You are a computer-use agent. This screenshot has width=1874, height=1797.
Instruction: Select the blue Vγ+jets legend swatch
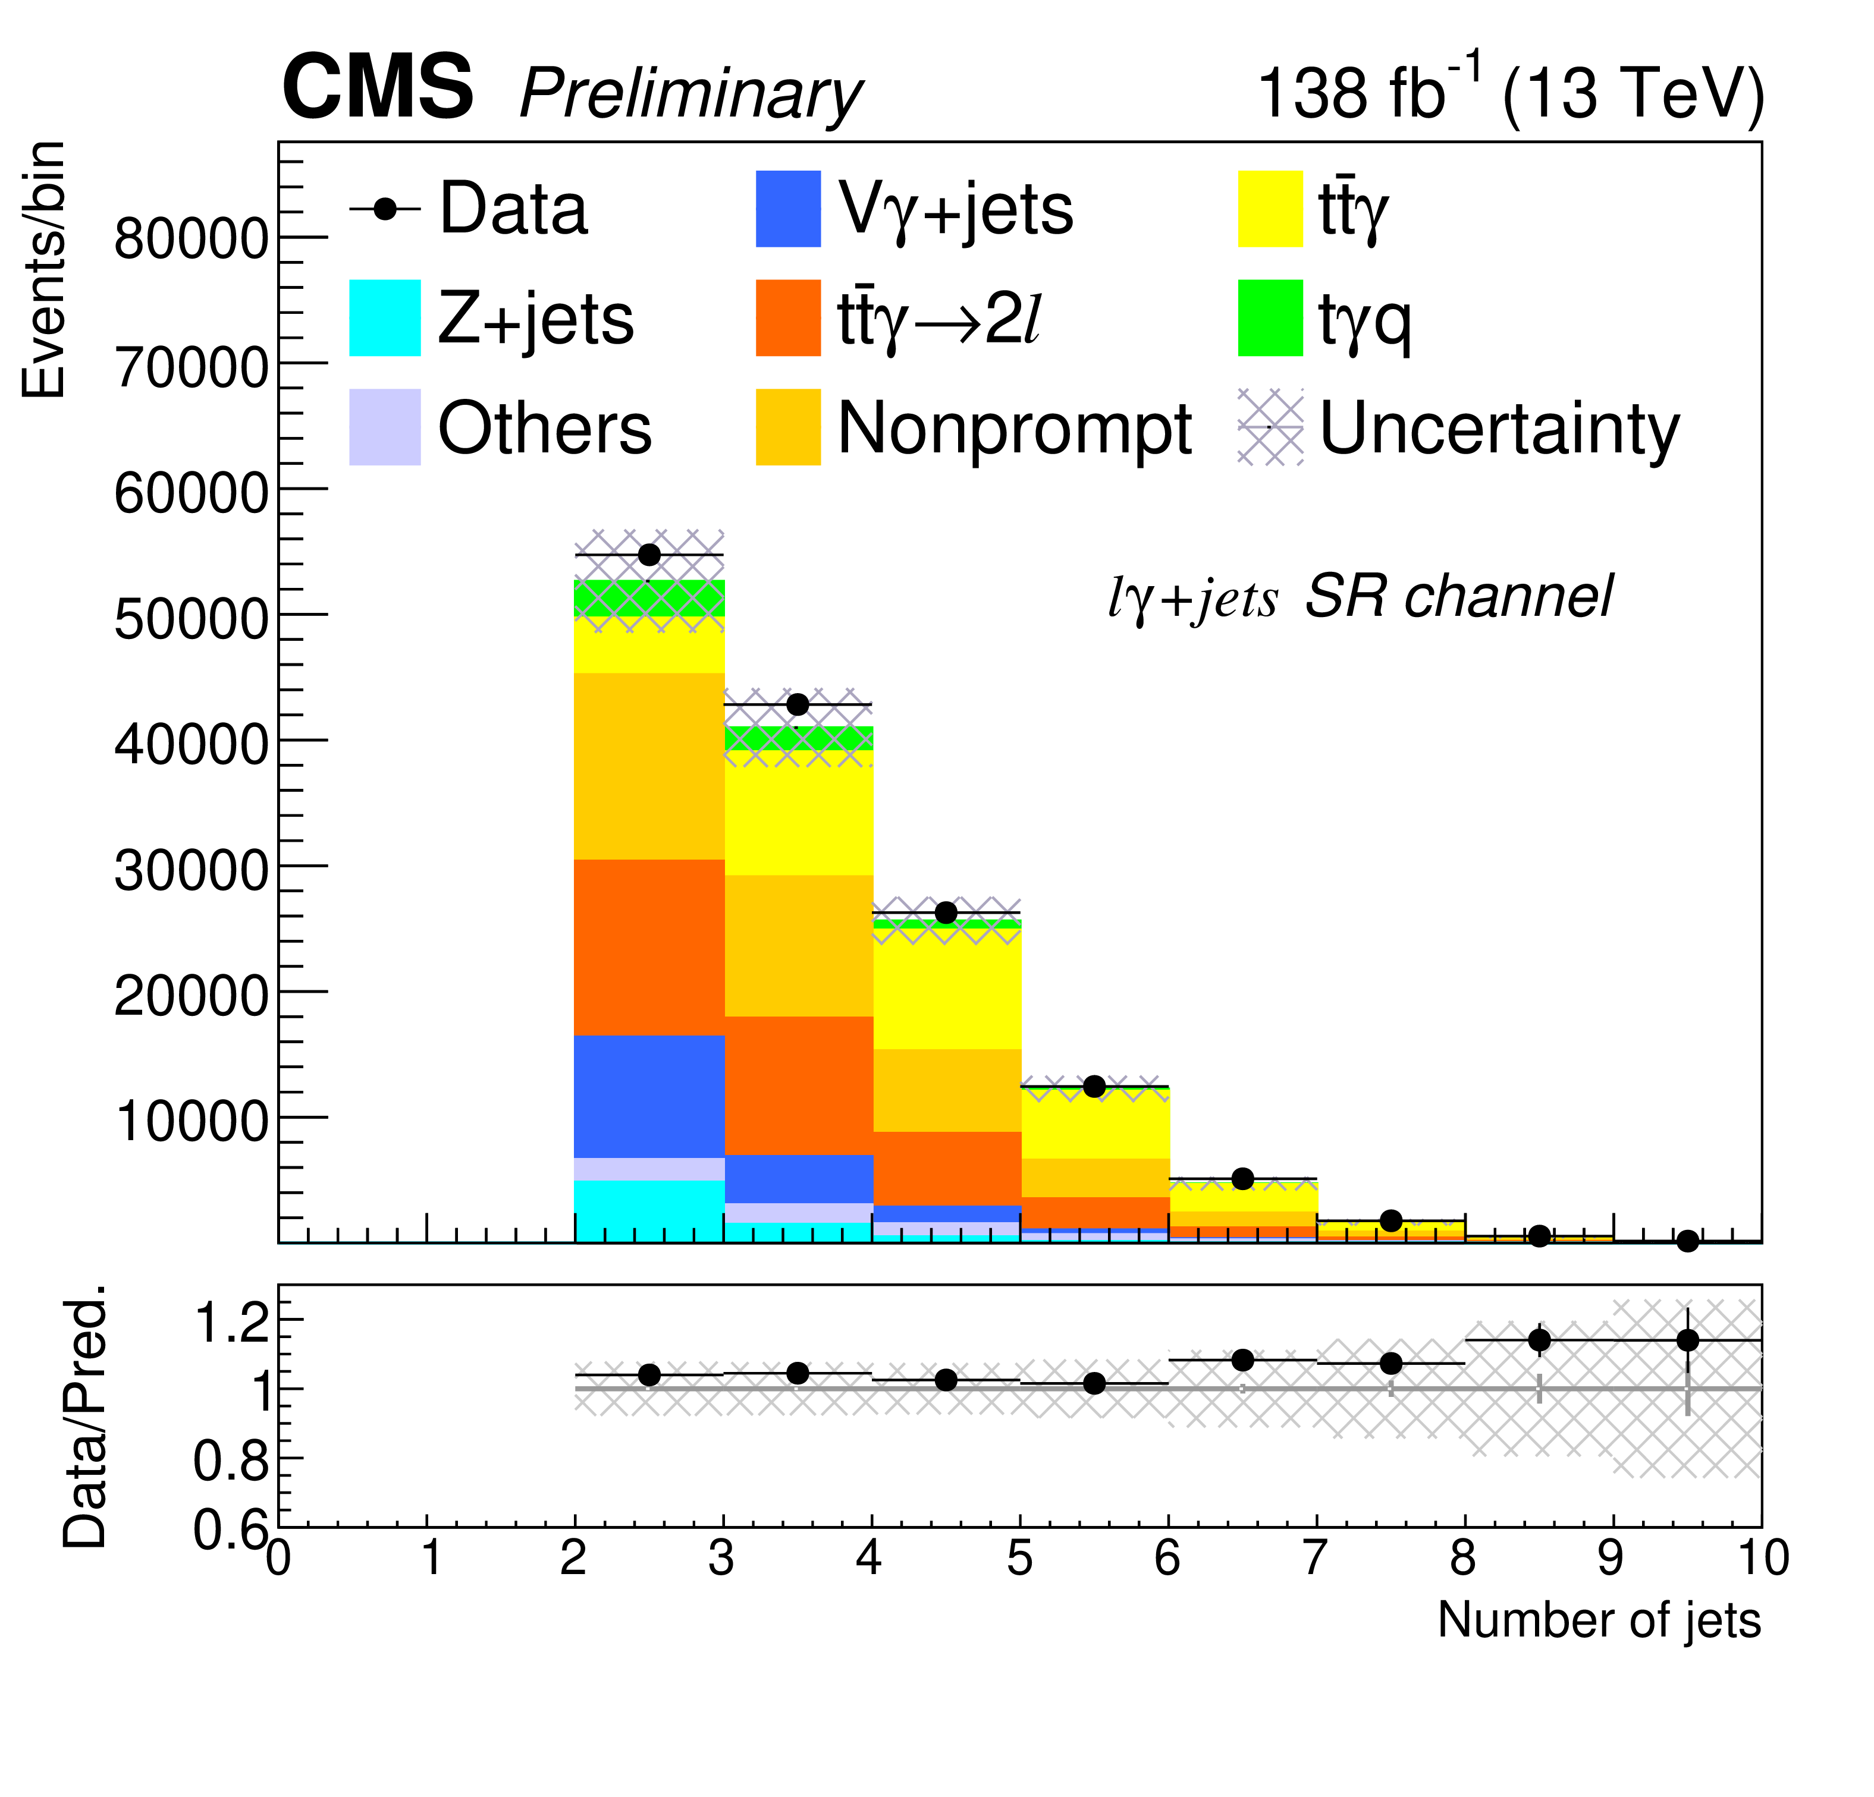(x=788, y=209)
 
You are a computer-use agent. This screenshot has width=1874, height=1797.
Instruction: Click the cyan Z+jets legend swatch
(x=384, y=317)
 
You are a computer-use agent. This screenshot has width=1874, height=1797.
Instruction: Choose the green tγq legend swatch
(x=1270, y=317)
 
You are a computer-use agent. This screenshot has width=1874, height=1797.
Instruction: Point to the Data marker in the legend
(x=384, y=209)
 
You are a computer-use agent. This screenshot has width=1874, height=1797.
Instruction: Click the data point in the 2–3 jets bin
(x=649, y=555)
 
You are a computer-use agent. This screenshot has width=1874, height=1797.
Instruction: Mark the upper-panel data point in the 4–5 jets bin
(x=946, y=913)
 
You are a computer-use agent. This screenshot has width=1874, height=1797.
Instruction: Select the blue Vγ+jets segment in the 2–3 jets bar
(x=649, y=1096)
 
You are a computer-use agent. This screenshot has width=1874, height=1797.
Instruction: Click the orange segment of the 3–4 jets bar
(x=798, y=1085)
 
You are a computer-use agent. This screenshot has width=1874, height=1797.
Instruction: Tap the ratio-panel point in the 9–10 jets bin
(x=1688, y=1340)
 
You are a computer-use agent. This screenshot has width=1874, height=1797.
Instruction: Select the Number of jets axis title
(x=1599, y=1620)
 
